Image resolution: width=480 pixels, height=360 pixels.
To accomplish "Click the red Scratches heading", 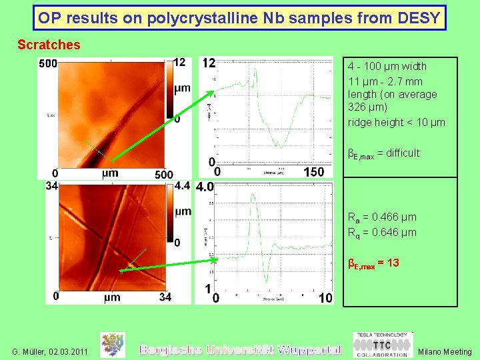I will click(49, 45).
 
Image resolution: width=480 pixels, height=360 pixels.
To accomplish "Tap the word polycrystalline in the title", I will click(205, 18).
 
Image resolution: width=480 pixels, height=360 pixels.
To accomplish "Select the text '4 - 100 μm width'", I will click(387, 66).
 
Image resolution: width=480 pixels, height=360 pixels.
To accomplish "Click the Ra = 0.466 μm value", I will click(382, 217).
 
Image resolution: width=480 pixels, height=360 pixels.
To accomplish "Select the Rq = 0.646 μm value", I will click(382, 232).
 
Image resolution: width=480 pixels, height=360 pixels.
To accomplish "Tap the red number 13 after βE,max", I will click(393, 263).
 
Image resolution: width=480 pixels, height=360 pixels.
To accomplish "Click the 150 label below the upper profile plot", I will click(313, 172).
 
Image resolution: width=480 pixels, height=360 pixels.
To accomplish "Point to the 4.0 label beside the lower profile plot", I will click(205, 187).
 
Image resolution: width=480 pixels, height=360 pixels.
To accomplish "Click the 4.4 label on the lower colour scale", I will click(182, 186).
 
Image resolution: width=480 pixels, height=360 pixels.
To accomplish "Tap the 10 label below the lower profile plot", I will click(325, 298).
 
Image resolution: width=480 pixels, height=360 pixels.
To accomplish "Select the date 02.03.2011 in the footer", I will click(69, 351).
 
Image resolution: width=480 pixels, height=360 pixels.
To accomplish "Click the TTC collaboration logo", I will click(382, 345).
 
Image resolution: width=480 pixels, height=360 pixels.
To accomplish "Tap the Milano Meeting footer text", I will click(444, 351).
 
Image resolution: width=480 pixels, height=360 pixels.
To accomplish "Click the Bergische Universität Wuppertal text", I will click(240, 349).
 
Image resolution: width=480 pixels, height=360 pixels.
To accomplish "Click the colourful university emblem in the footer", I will click(112, 345).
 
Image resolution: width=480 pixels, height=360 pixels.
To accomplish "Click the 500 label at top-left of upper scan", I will click(47, 64).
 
